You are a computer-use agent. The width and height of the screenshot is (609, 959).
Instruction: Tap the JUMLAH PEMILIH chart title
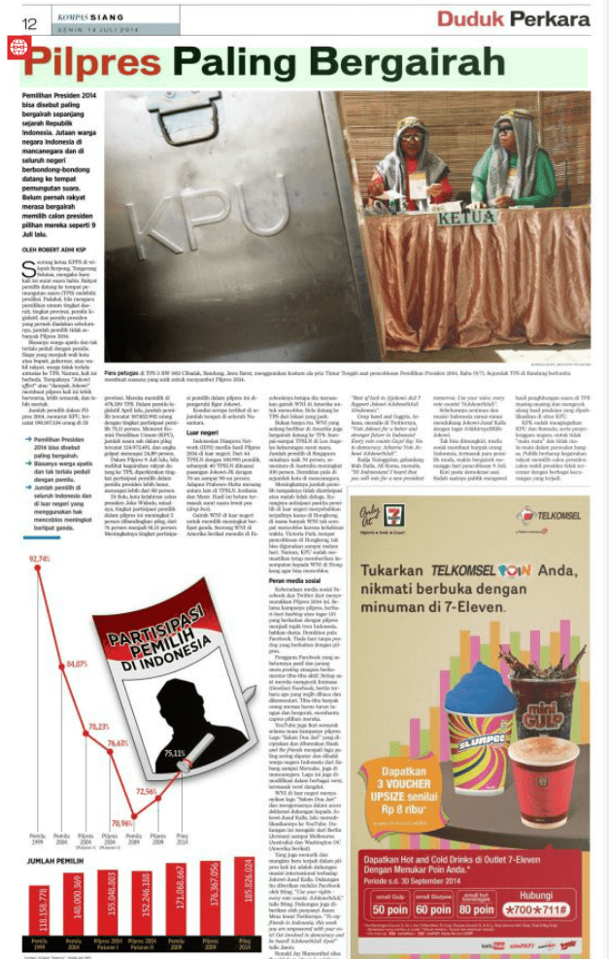pyautogui.click(x=55, y=860)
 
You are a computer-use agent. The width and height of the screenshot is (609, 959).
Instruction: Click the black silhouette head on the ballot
pyautogui.click(x=160, y=711)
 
